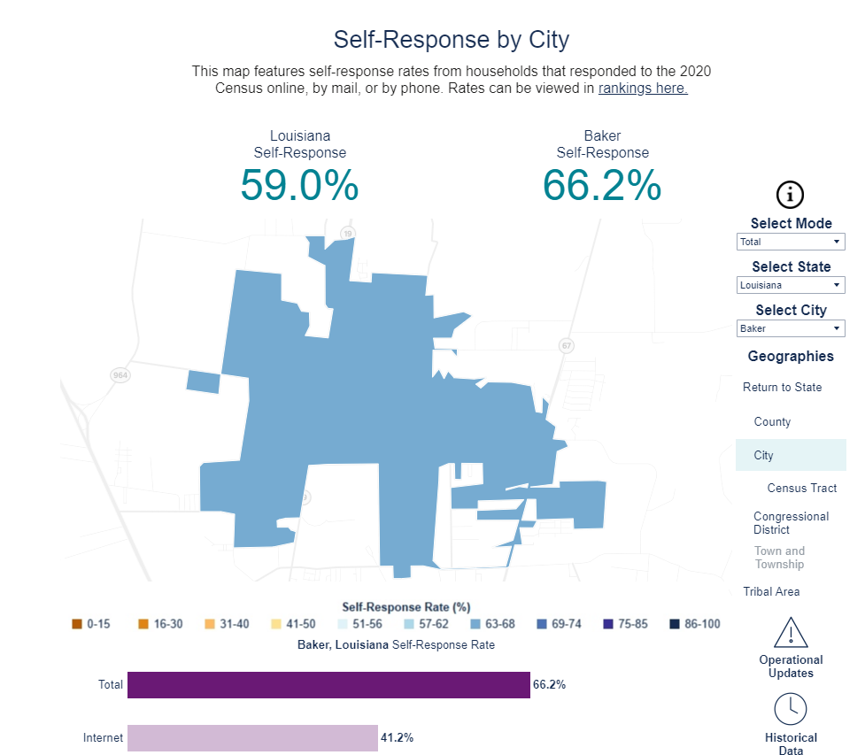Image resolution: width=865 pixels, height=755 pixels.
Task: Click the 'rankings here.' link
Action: coord(643,89)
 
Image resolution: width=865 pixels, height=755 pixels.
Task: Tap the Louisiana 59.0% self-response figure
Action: coord(299,185)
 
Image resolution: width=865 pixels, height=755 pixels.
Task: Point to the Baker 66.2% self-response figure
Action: coord(602,185)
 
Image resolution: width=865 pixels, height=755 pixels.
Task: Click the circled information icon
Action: coord(790,195)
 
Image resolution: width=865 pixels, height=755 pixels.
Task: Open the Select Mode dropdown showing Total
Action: coord(791,242)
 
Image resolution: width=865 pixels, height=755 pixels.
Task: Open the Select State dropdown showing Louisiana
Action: coord(791,285)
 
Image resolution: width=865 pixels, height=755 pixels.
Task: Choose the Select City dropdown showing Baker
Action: coord(791,328)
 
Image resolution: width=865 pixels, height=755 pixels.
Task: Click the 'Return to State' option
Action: coord(782,387)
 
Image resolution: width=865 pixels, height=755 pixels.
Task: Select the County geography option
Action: coord(772,421)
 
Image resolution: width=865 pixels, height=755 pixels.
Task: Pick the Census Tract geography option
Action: coord(801,488)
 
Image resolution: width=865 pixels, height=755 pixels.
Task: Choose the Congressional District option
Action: coord(791,522)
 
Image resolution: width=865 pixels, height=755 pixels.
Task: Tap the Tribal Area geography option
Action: coord(771,591)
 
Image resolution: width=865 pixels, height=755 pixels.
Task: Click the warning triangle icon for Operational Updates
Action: coord(791,633)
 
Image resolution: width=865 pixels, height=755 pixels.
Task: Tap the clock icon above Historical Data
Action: coord(791,709)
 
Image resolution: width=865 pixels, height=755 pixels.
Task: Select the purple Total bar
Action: coord(328,685)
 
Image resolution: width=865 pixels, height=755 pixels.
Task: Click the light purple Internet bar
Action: coord(252,737)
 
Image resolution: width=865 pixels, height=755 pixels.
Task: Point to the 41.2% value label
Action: coord(397,737)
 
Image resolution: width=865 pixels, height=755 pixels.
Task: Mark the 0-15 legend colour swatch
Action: coord(77,624)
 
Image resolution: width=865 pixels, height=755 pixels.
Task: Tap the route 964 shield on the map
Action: coord(120,375)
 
